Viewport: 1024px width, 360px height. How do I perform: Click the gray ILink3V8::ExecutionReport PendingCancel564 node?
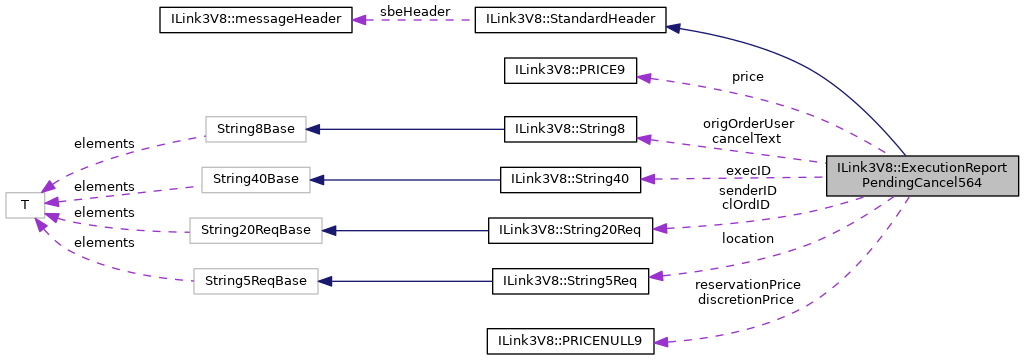[x=922, y=175]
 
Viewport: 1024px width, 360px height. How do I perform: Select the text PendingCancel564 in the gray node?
[x=922, y=184]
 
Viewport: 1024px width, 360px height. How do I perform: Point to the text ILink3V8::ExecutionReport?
[x=922, y=168]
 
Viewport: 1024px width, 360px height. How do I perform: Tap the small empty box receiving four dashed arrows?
[x=25, y=205]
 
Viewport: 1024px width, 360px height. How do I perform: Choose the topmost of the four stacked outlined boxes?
[x=255, y=129]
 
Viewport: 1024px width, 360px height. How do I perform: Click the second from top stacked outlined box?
[x=255, y=180]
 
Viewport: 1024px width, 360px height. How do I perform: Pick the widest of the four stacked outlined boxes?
[x=255, y=230]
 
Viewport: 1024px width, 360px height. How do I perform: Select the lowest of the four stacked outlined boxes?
[x=255, y=281]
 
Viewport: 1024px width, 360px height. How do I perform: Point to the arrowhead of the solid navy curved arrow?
[x=673, y=28]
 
